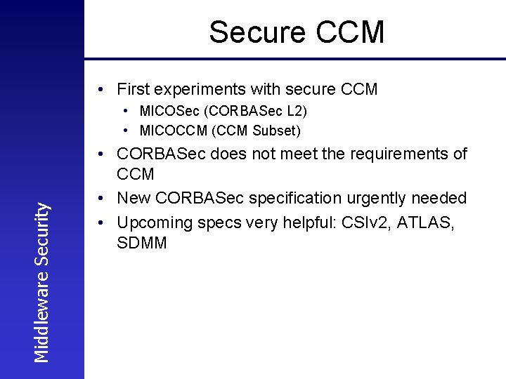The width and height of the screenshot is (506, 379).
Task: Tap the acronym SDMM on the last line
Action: click(142, 244)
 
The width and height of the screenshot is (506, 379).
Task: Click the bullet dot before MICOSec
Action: click(124, 111)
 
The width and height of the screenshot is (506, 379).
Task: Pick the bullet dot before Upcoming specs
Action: click(103, 222)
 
